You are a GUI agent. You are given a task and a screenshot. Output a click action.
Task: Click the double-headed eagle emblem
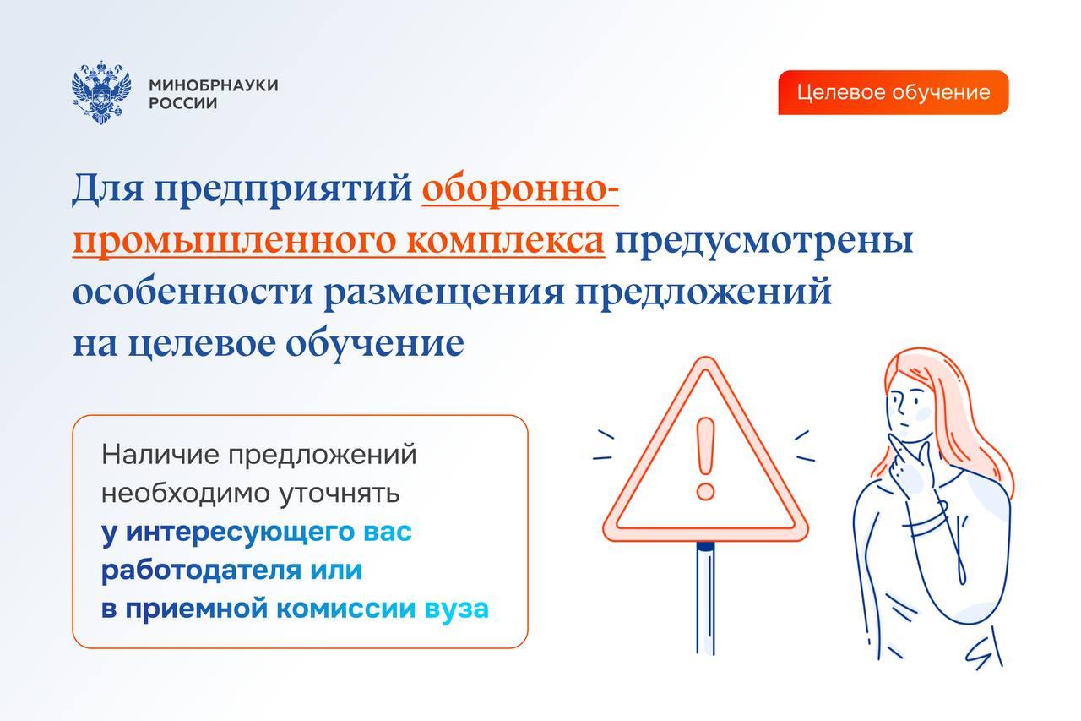(101, 92)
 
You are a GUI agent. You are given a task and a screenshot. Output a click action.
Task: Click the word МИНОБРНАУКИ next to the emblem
(214, 85)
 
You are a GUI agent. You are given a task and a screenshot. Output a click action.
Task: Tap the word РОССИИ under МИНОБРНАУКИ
(183, 103)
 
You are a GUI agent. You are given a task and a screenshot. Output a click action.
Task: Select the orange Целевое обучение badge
(893, 92)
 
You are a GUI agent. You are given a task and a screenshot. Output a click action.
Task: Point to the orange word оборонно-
(520, 188)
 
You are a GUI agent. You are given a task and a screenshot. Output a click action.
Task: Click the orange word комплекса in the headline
(505, 241)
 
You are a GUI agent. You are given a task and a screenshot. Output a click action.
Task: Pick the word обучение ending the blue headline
(375, 345)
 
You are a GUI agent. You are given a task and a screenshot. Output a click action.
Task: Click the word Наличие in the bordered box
(160, 455)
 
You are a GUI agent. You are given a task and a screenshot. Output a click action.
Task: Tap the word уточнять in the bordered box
(340, 494)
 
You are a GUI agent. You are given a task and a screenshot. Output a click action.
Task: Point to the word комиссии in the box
(345, 609)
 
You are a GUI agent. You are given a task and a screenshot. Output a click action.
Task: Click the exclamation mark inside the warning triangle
(705, 458)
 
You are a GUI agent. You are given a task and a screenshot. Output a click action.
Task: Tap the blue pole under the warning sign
(705, 598)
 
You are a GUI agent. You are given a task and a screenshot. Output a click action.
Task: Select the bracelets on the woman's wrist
(925, 519)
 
